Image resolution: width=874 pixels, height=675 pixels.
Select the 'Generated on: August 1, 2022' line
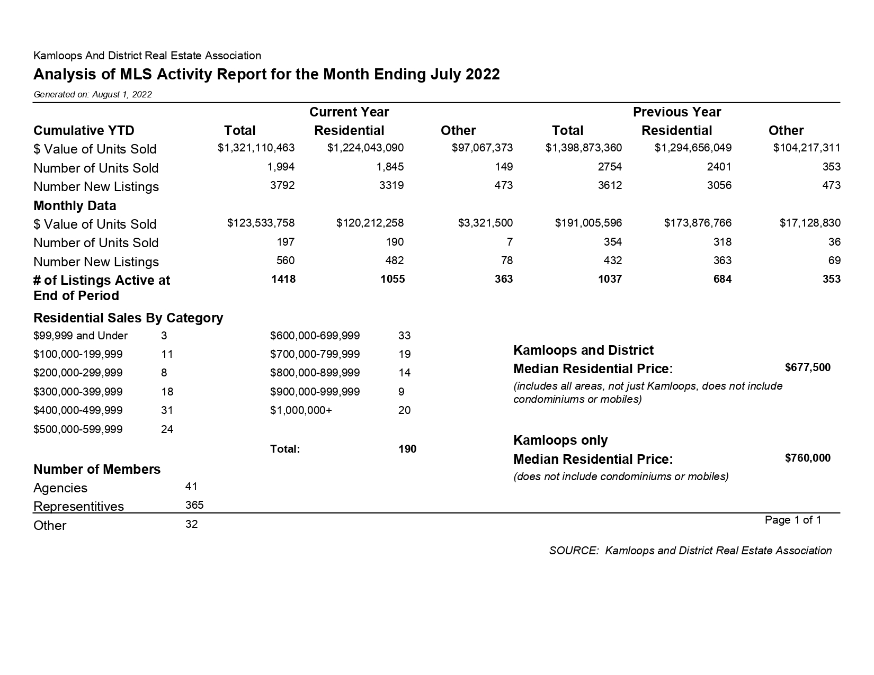93,95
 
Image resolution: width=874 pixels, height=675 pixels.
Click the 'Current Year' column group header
349,112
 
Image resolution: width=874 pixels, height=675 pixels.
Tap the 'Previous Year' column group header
676,112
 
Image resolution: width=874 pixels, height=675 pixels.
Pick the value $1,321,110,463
256,148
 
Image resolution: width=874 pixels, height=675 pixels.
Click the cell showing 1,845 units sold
390,167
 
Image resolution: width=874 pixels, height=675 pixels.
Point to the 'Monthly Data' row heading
75,205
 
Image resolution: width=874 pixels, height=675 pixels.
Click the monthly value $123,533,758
261,223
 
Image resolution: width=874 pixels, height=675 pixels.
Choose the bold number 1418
283,279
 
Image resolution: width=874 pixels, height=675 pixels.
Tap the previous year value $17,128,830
809,223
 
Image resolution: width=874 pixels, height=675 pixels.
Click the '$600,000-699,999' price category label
315,336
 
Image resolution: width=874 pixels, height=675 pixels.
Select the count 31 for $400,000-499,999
167,410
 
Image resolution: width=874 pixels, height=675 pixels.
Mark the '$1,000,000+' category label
301,410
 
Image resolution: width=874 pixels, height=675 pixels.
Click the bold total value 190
407,449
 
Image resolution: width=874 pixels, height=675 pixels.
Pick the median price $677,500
807,367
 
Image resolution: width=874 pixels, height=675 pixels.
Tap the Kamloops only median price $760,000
807,458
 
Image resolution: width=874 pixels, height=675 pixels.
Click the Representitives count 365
194,505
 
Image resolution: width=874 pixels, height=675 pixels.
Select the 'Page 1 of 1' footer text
792,520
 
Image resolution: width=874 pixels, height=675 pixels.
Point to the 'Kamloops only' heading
560,440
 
